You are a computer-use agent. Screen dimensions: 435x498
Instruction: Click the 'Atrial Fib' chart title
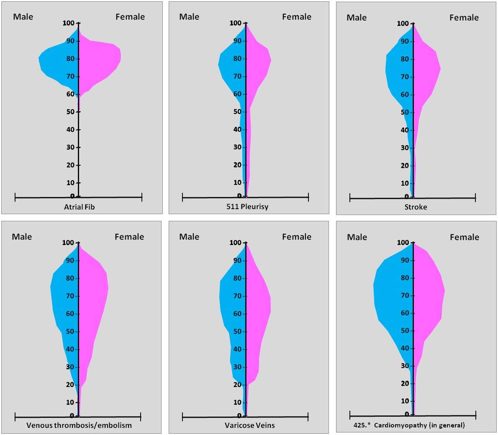[80, 207]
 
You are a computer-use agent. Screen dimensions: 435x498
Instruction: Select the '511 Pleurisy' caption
[246, 206]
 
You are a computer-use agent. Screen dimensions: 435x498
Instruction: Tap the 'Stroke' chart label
[416, 207]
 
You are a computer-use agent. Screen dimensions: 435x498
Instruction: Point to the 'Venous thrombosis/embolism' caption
[79, 425]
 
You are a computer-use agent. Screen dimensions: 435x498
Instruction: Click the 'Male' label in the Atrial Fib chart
[23, 17]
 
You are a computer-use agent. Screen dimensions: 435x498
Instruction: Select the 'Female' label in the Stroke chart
[464, 18]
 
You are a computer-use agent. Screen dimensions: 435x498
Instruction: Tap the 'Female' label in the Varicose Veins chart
[297, 237]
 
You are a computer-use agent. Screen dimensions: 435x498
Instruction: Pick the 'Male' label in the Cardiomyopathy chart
[357, 237]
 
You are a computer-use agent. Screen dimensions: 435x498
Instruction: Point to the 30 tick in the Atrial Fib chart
[70, 147]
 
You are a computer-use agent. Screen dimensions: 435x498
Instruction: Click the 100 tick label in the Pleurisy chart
[236, 23]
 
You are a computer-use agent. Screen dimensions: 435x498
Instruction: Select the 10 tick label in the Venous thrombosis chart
[70, 402]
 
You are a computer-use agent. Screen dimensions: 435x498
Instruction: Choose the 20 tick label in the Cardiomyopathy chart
[405, 384]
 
